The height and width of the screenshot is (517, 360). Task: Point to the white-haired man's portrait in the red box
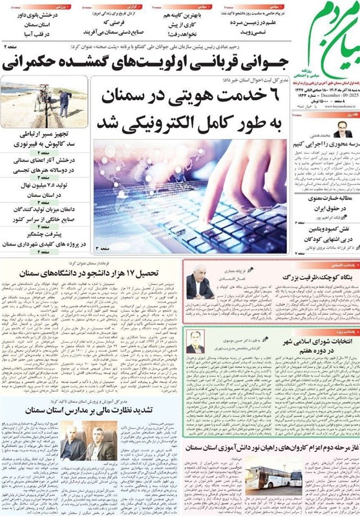200,283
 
